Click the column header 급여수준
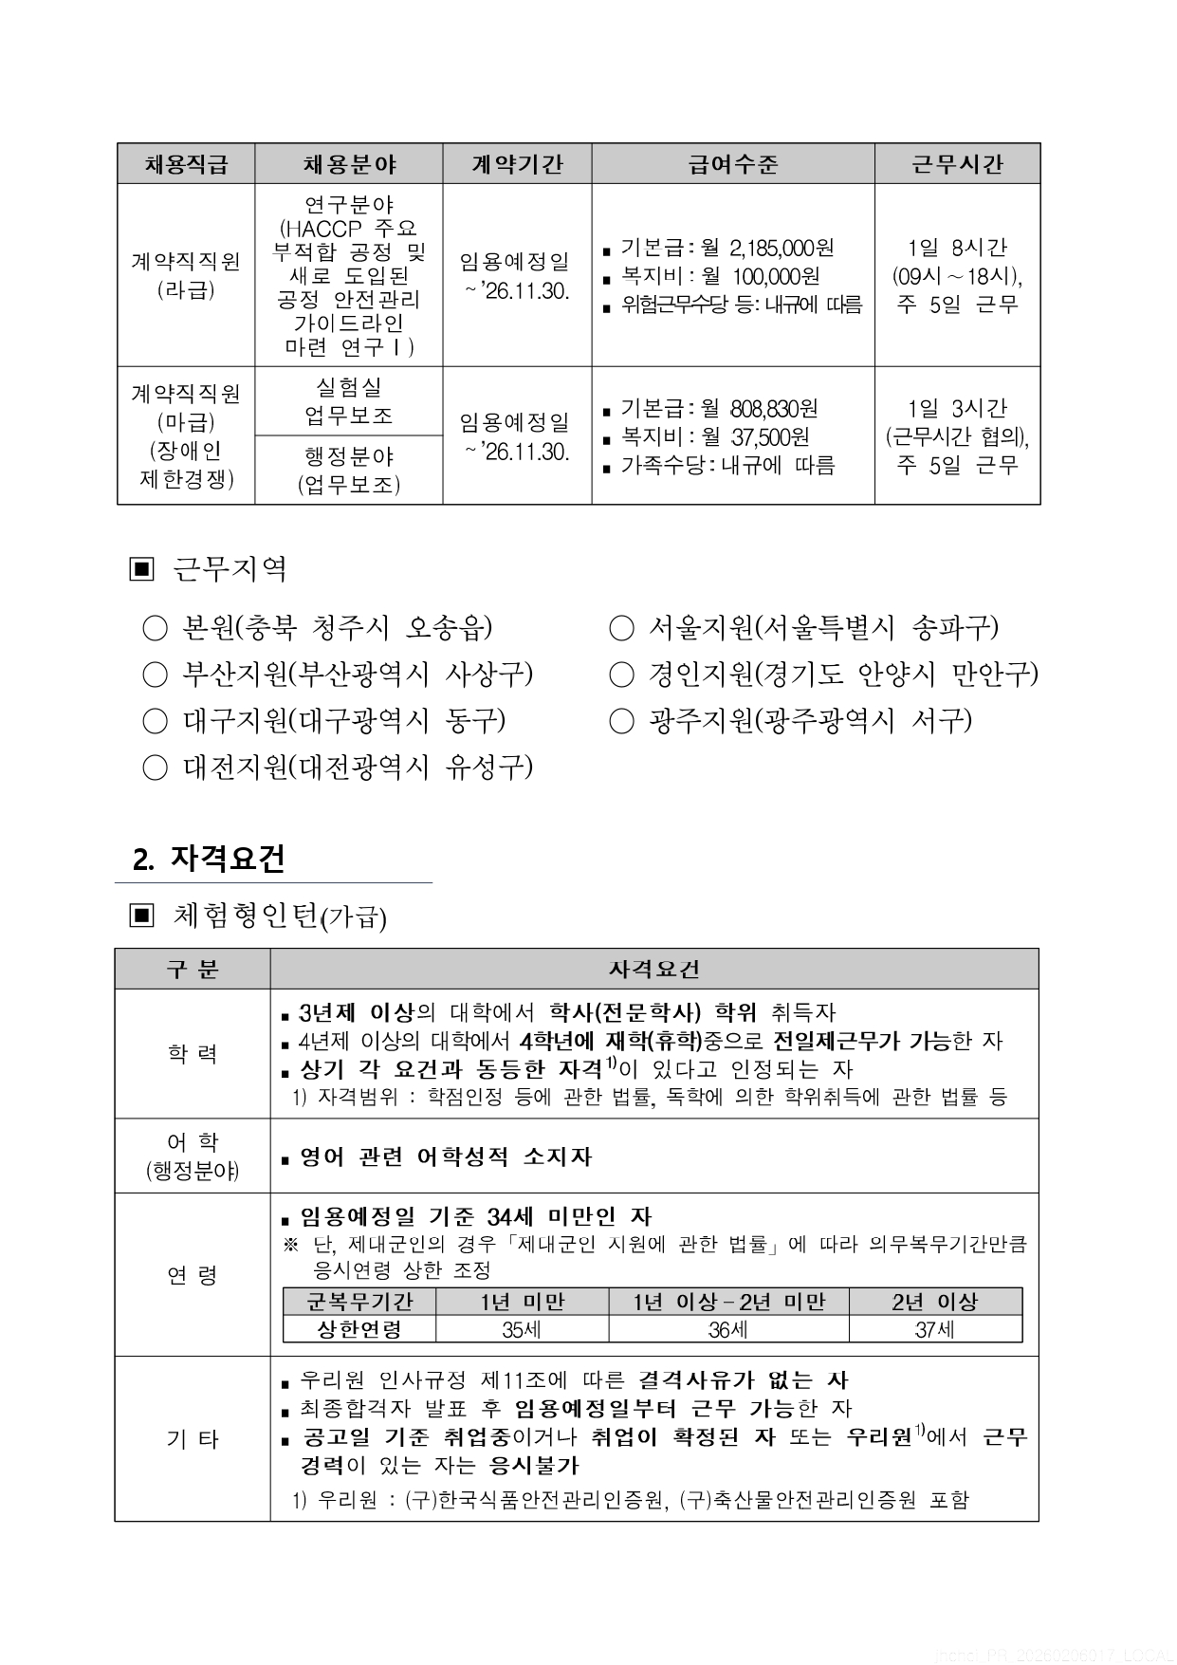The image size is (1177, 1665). [732, 164]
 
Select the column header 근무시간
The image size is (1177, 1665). [956, 164]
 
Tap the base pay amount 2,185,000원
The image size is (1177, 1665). [782, 248]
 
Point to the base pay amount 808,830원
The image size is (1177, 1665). [774, 409]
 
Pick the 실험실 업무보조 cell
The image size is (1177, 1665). [348, 401]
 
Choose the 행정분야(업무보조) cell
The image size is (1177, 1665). [348, 470]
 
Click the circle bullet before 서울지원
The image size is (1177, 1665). [620, 628]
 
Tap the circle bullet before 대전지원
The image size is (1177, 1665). [155, 768]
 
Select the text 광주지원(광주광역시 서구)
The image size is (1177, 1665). [810, 721]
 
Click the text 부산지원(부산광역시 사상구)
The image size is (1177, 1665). [357, 675]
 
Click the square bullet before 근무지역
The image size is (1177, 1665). [140, 569]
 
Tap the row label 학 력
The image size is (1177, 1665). [193, 1054]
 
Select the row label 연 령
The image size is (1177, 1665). [193, 1275]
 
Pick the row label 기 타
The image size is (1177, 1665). [193, 1439]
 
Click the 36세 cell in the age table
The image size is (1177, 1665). [728, 1330]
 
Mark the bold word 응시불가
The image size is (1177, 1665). [533, 1465]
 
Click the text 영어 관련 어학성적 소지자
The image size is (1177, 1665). [446, 1156]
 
